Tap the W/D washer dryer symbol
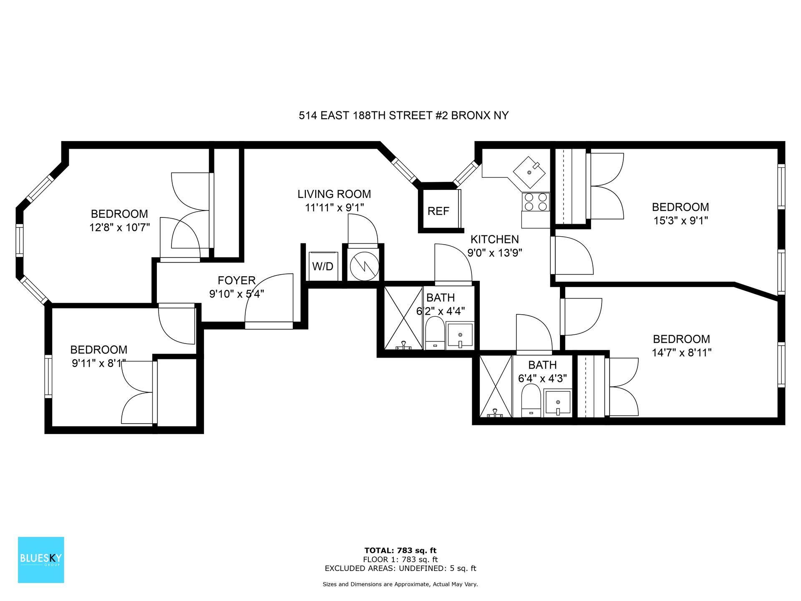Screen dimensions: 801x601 (322, 266)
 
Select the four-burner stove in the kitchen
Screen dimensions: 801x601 (536, 202)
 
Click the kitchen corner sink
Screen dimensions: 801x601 (529, 172)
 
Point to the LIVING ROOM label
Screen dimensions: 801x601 (334, 194)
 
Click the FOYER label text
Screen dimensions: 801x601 (237, 280)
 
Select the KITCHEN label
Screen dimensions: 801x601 (495, 239)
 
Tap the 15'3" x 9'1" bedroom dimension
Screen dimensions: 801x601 (680, 220)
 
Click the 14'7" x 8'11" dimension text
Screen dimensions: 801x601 (682, 353)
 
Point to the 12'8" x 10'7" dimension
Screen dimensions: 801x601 (119, 227)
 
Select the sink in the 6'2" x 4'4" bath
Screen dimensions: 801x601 (460, 335)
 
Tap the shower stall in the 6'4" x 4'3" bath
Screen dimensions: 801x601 (496, 386)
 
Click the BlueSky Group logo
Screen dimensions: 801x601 (41, 560)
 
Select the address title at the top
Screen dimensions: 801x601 (403, 116)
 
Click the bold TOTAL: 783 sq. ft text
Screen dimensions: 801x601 (400, 550)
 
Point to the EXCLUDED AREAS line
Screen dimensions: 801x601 (400, 568)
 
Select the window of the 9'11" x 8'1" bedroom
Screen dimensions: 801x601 (48, 376)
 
